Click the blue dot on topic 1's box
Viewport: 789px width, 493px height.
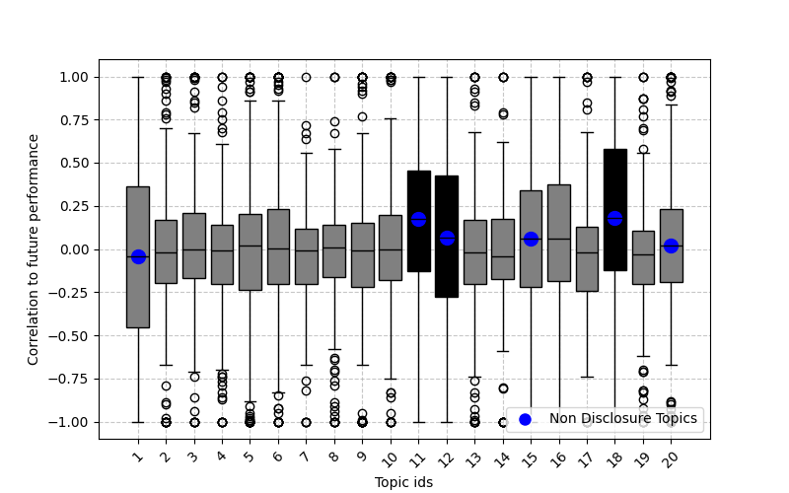click(x=138, y=256)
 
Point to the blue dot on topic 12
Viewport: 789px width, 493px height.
click(x=447, y=238)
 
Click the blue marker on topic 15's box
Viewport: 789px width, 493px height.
click(x=531, y=239)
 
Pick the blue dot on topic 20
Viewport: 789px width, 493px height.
click(x=671, y=246)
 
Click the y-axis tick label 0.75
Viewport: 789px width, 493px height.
click(x=74, y=120)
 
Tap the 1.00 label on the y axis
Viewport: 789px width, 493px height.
click(x=74, y=77)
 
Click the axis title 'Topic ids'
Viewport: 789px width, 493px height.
click(x=403, y=482)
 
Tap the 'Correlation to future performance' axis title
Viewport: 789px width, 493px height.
click(x=34, y=249)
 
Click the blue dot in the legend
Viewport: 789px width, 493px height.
click(x=525, y=419)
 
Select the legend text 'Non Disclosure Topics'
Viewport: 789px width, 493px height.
click(x=623, y=419)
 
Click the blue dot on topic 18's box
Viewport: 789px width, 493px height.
click(x=614, y=218)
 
